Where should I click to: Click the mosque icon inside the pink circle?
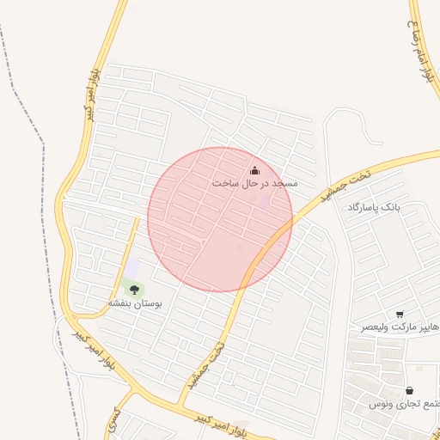point(254,170)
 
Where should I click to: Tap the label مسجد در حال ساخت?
point(254,184)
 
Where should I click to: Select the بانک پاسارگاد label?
point(375,208)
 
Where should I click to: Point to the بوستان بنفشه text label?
point(135,303)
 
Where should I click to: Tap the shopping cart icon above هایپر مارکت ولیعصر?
point(400,315)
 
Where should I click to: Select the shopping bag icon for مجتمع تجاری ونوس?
point(408,390)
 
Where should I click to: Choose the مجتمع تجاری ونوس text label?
point(405,403)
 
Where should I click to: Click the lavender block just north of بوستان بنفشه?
point(132,269)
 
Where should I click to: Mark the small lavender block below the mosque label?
point(263,201)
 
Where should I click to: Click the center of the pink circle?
point(220,219)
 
